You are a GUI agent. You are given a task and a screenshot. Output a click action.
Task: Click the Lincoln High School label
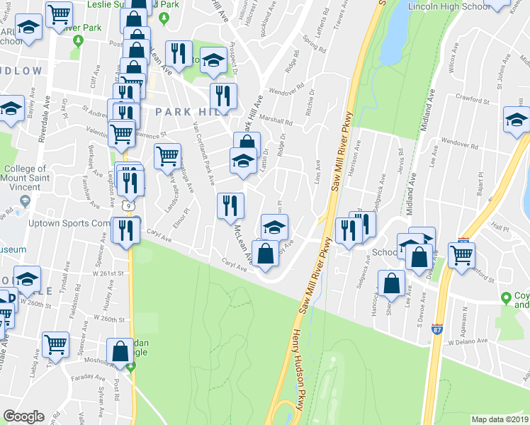(x=449, y=6)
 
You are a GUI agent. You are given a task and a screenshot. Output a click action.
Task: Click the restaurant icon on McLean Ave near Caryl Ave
(x=230, y=205)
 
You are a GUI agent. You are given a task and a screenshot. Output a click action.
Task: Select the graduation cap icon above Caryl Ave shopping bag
(x=274, y=226)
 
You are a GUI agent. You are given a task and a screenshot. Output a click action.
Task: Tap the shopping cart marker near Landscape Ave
(x=167, y=154)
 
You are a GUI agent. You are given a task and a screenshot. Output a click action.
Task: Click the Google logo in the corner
(x=24, y=416)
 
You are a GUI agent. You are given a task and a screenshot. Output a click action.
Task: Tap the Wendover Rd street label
(x=286, y=91)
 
